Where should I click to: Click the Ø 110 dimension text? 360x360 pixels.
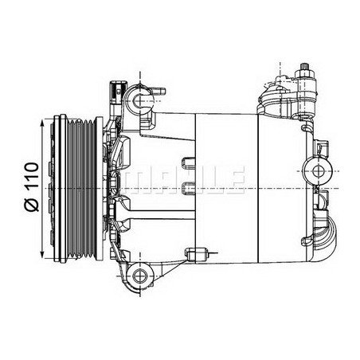(x=32, y=186)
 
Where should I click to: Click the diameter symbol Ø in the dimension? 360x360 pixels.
(x=32, y=205)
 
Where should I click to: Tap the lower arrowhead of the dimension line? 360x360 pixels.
(x=42, y=253)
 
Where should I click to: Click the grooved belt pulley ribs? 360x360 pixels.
(x=81, y=189)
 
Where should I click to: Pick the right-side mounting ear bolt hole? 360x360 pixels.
(x=318, y=171)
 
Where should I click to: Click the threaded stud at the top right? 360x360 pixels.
(x=304, y=67)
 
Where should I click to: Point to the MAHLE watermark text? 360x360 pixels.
(x=184, y=180)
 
